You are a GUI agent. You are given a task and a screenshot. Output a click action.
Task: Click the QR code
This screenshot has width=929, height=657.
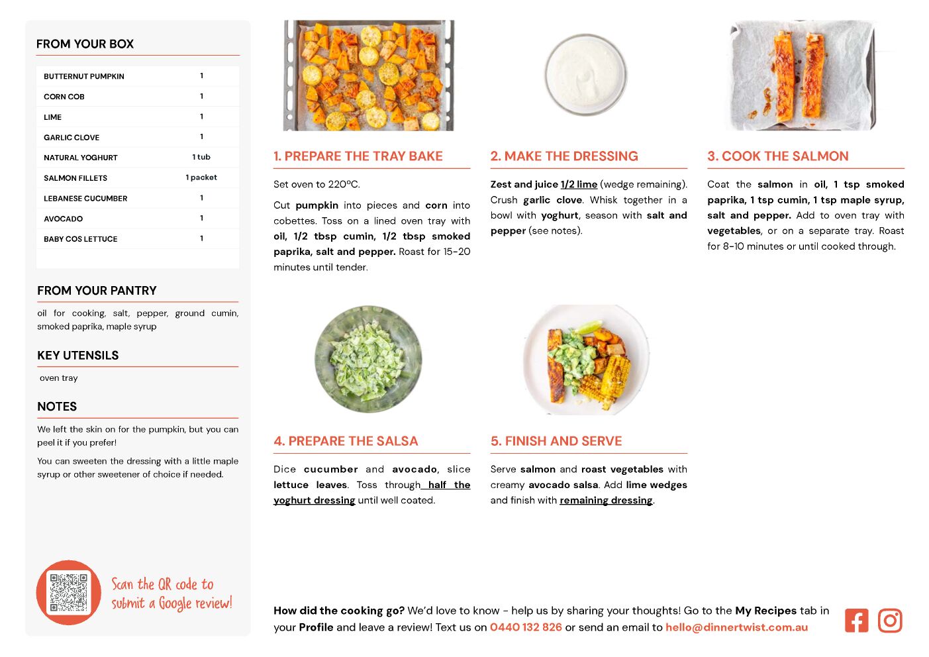pyautogui.click(x=68, y=592)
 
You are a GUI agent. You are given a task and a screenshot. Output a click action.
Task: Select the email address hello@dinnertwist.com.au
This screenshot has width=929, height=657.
pyautogui.click(x=736, y=627)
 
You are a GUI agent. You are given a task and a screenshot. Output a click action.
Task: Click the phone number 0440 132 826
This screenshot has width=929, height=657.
pyautogui.click(x=526, y=627)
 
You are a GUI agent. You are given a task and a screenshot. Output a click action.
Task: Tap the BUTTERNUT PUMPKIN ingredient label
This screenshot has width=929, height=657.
pyautogui.click(x=84, y=76)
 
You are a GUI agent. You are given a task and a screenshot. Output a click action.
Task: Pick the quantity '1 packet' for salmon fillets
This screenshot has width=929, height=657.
pyautogui.click(x=201, y=177)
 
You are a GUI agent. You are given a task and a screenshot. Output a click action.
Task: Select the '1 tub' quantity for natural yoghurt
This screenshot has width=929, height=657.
pyautogui.click(x=201, y=157)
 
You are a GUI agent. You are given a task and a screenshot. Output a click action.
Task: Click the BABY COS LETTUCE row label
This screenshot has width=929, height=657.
pyautogui.click(x=81, y=239)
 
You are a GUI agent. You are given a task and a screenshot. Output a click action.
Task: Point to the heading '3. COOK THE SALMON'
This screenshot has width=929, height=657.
pyautogui.click(x=777, y=156)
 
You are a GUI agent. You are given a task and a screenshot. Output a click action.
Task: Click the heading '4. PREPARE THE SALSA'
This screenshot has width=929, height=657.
pyautogui.click(x=346, y=441)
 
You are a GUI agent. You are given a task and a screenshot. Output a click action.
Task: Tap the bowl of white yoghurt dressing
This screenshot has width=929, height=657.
pyautogui.click(x=585, y=75)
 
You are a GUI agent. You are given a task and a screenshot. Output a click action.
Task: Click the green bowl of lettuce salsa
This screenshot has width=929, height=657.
pyautogui.click(x=368, y=359)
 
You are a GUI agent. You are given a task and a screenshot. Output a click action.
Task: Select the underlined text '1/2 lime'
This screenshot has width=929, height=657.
pyautogui.click(x=579, y=184)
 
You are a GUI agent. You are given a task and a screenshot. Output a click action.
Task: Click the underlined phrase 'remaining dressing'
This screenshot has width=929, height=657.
pyautogui.click(x=606, y=500)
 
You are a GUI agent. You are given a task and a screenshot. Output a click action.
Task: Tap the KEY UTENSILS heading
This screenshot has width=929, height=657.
pyautogui.click(x=78, y=356)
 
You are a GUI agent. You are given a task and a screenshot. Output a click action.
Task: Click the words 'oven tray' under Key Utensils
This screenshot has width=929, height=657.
pyautogui.click(x=58, y=378)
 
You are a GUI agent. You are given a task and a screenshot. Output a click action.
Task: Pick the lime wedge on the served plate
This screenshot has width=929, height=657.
pyautogui.click(x=589, y=326)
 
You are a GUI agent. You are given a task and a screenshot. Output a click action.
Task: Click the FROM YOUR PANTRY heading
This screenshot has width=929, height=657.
pyautogui.click(x=97, y=290)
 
